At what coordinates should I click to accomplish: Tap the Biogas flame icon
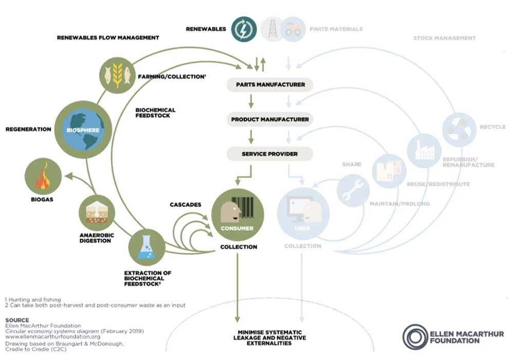(x=43, y=176)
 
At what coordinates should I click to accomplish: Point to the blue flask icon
(x=146, y=247)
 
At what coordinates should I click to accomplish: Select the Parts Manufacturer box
(x=270, y=85)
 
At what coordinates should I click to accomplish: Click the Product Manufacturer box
(x=270, y=119)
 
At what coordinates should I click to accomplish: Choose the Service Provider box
(x=270, y=154)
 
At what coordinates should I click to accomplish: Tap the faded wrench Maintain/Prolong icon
(x=354, y=190)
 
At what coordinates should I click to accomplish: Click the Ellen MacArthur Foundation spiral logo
(x=416, y=337)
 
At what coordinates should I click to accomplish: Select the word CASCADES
(x=185, y=205)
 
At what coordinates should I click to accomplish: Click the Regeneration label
(x=28, y=130)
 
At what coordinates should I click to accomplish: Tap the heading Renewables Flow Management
(x=108, y=38)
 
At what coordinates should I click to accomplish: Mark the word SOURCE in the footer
(x=17, y=320)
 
